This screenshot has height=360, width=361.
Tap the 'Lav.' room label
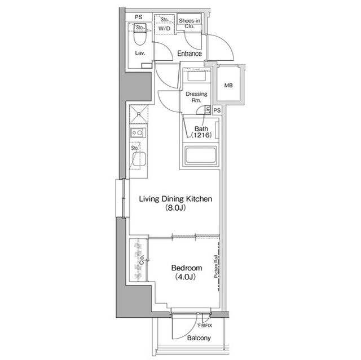pyautogui.click(x=140, y=54)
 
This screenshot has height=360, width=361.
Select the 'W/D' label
pyautogui.click(x=164, y=28)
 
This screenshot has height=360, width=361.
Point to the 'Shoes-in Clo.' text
pyautogui.click(x=190, y=23)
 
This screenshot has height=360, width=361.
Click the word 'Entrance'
pyautogui.click(x=190, y=54)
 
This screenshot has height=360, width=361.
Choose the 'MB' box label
pyautogui.click(x=228, y=86)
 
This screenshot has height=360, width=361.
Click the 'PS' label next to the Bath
pyautogui.click(x=217, y=111)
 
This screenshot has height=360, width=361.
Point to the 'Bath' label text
pyautogui.click(x=201, y=128)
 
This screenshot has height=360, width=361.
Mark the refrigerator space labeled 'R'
pyautogui.click(x=139, y=115)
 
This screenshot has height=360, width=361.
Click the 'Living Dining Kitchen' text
pyautogui.click(x=176, y=199)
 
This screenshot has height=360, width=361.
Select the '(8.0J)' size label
pyautogui.click(x=175, y=208)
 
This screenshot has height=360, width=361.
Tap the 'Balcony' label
pyautogui.click(x=199, y=338)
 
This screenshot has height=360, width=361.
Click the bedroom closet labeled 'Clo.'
pyautogui.click(x=140, y=260)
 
